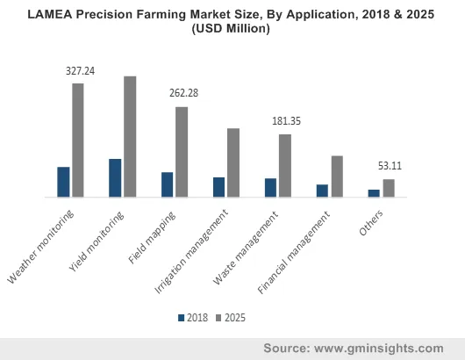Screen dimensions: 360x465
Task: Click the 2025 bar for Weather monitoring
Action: (78, 140)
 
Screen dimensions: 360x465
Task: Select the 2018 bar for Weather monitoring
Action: (63, 182)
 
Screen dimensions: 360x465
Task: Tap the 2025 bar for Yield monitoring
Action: (130, 136)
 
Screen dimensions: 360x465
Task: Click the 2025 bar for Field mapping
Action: (182, 152)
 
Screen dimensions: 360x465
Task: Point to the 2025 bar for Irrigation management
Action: (233, 162)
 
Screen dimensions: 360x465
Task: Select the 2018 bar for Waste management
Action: (270, 187)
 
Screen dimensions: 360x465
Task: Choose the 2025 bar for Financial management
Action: (337, 176)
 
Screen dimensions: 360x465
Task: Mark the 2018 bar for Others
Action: (374, 193)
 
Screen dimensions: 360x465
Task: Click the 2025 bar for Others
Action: (389, 188)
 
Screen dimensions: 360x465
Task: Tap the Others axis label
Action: (370, 223)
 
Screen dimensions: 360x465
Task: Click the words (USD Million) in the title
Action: (232, 28)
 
